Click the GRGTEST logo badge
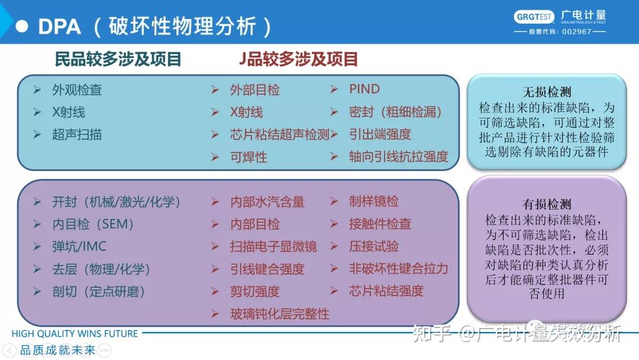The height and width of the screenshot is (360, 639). (535, 17)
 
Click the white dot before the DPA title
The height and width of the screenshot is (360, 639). (22, 26)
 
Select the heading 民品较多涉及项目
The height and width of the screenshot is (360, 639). (118, 59)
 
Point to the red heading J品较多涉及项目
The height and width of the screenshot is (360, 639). (298, 59)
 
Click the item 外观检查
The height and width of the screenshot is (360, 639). (77, 90)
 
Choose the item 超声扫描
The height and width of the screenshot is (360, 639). (77, 135)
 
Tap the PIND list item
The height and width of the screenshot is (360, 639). (364, 89)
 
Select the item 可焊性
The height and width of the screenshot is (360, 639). (248, 157)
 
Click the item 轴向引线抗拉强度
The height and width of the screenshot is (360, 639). (398, 157)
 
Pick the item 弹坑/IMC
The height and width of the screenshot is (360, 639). (79, 247)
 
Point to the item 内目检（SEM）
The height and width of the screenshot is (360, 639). (93, 224)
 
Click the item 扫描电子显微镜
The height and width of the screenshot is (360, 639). (273, 247)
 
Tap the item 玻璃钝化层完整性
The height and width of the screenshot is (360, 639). (279, 314)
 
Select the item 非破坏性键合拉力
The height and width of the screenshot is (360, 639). (398, 269)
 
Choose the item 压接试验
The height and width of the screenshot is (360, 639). (373, 247)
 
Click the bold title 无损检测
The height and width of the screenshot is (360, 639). (547, 92)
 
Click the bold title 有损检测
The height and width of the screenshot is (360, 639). (547, 204)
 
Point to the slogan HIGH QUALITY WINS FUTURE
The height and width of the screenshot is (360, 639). (75, 334)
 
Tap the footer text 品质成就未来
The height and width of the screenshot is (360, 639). (58, 350)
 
